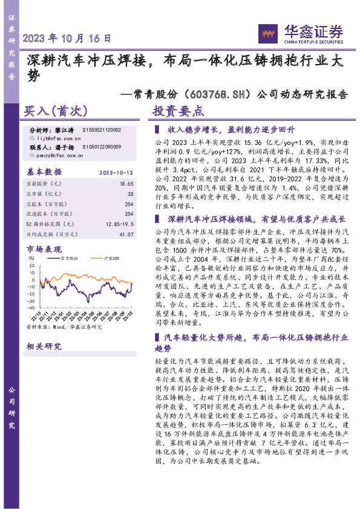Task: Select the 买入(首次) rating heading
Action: pyautogui.click(x=56, y=112)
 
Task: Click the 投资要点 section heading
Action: pyautogui.click(x=178, y=112)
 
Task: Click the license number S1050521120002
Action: pyautogui.click(x=101, y=130)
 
